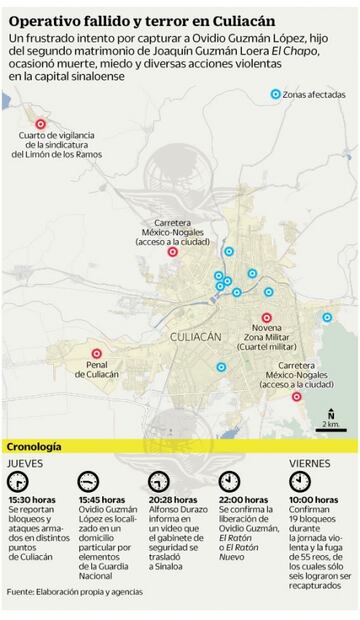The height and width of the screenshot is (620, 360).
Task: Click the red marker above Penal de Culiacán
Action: coord(97,353)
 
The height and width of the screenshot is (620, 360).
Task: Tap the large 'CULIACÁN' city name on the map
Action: coord(196,338)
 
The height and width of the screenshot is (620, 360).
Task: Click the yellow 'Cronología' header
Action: coord(36,446)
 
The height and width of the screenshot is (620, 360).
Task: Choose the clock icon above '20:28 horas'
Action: coord(159,480)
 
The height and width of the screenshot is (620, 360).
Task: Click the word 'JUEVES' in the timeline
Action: coord(25,463)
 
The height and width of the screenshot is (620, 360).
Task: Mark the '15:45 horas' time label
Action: coord(102,499)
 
